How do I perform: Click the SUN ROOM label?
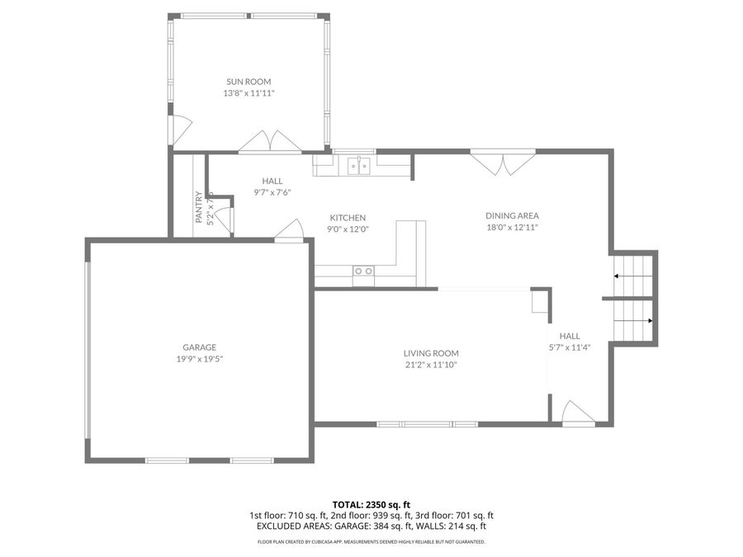click(x=248, y=82)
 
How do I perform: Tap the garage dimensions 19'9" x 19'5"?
click(x=200, y=359)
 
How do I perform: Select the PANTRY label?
click(x=199, y=208)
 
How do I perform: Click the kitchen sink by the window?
click(x=359, y=166)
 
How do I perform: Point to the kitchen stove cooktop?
click(x=363, y=271)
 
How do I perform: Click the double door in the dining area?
click(x=504, y=163)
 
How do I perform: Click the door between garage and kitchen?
click(x=288, y=231)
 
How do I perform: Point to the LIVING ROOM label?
click(x=431, y=352)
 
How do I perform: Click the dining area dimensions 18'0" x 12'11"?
click(x=511, y=227)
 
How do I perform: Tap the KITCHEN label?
click(x=348, y=218)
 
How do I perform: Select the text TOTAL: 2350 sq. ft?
click(x=371, y=503)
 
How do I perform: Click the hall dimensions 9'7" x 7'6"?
click(x=272, y=192)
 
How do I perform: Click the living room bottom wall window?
click(x=427, y=424)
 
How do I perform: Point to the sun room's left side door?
click(x=175, y=128)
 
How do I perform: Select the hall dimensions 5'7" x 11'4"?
click(x=570, y=347)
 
